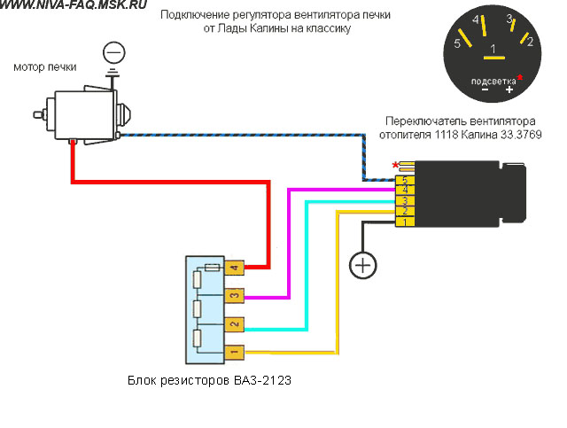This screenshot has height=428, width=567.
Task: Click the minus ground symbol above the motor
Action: click(x=114, y=53)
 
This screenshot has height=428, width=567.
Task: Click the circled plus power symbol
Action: click(x=362, y=266)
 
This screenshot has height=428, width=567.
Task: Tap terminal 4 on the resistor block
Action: click(x=234, y=268)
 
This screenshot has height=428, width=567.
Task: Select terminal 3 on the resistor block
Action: click(x=234, y=296)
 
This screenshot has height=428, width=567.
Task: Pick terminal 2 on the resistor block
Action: click(x=234, y=324)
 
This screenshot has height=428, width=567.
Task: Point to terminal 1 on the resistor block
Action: click(x=234, y=352)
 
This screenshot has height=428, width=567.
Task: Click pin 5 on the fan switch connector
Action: click(x=405, y=180)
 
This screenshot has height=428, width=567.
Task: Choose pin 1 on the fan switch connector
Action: click(x=405, y=222)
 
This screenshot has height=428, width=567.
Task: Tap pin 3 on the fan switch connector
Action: click(x=405, y=201)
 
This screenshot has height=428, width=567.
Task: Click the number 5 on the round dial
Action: click(x=457, y=43)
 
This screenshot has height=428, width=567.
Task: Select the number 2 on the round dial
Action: click(x=530, y=42)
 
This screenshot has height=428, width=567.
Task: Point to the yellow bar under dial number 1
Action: click(x=494, y=58)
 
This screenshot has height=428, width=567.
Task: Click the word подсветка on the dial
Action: click(x=493, y=81)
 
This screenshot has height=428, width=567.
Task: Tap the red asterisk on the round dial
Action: click(x=520, y=77)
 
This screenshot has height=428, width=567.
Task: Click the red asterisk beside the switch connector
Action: click(x=395, y=166)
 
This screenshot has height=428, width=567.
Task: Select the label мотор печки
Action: click(x=45, y=67)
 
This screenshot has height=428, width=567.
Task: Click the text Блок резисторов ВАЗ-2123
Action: click(x=209, y=381)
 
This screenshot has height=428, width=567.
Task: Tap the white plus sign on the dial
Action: click(x=509, y=89)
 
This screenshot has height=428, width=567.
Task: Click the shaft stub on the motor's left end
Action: click(x=39, y=114)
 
